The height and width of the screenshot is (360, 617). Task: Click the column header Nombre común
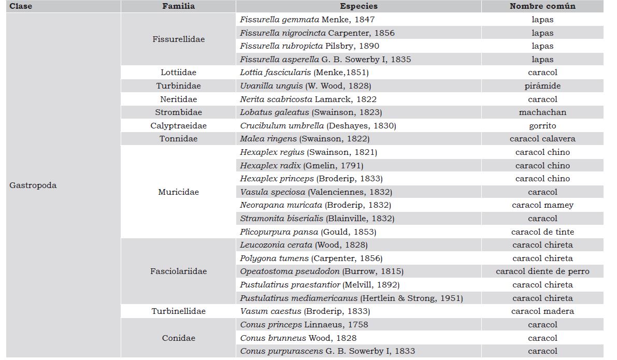[x=542, y=6]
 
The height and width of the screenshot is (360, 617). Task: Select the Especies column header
[x=358, y=6]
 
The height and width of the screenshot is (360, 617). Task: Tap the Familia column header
[x=178, y=6]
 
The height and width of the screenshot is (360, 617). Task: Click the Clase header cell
[x=21, y=6]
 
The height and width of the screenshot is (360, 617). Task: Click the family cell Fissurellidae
[x=178, y=39]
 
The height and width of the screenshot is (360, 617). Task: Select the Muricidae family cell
[x=178, y=192]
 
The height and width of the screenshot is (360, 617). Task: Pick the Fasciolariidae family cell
[x=178, y=271]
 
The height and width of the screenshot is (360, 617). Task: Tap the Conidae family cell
[x=178, y=338]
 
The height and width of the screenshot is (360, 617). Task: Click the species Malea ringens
[x=305, y=139]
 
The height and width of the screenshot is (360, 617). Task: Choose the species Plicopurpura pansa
[x=308, y=232]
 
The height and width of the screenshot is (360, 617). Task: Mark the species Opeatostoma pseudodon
[x=321, y=271]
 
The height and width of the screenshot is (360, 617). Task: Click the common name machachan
[x=542, y=112]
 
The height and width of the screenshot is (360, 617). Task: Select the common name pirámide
[x=542, y=86]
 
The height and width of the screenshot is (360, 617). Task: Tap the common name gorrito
[x=542, y=126]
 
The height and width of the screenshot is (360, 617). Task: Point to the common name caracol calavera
[x=542, y=139]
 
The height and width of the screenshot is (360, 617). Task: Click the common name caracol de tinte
[x=542, y=232]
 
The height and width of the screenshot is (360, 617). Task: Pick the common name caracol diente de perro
[x=542, y=271]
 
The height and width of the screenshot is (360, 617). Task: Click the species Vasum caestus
[x=305, y=311]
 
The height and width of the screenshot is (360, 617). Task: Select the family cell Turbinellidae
[x=178, y=311]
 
